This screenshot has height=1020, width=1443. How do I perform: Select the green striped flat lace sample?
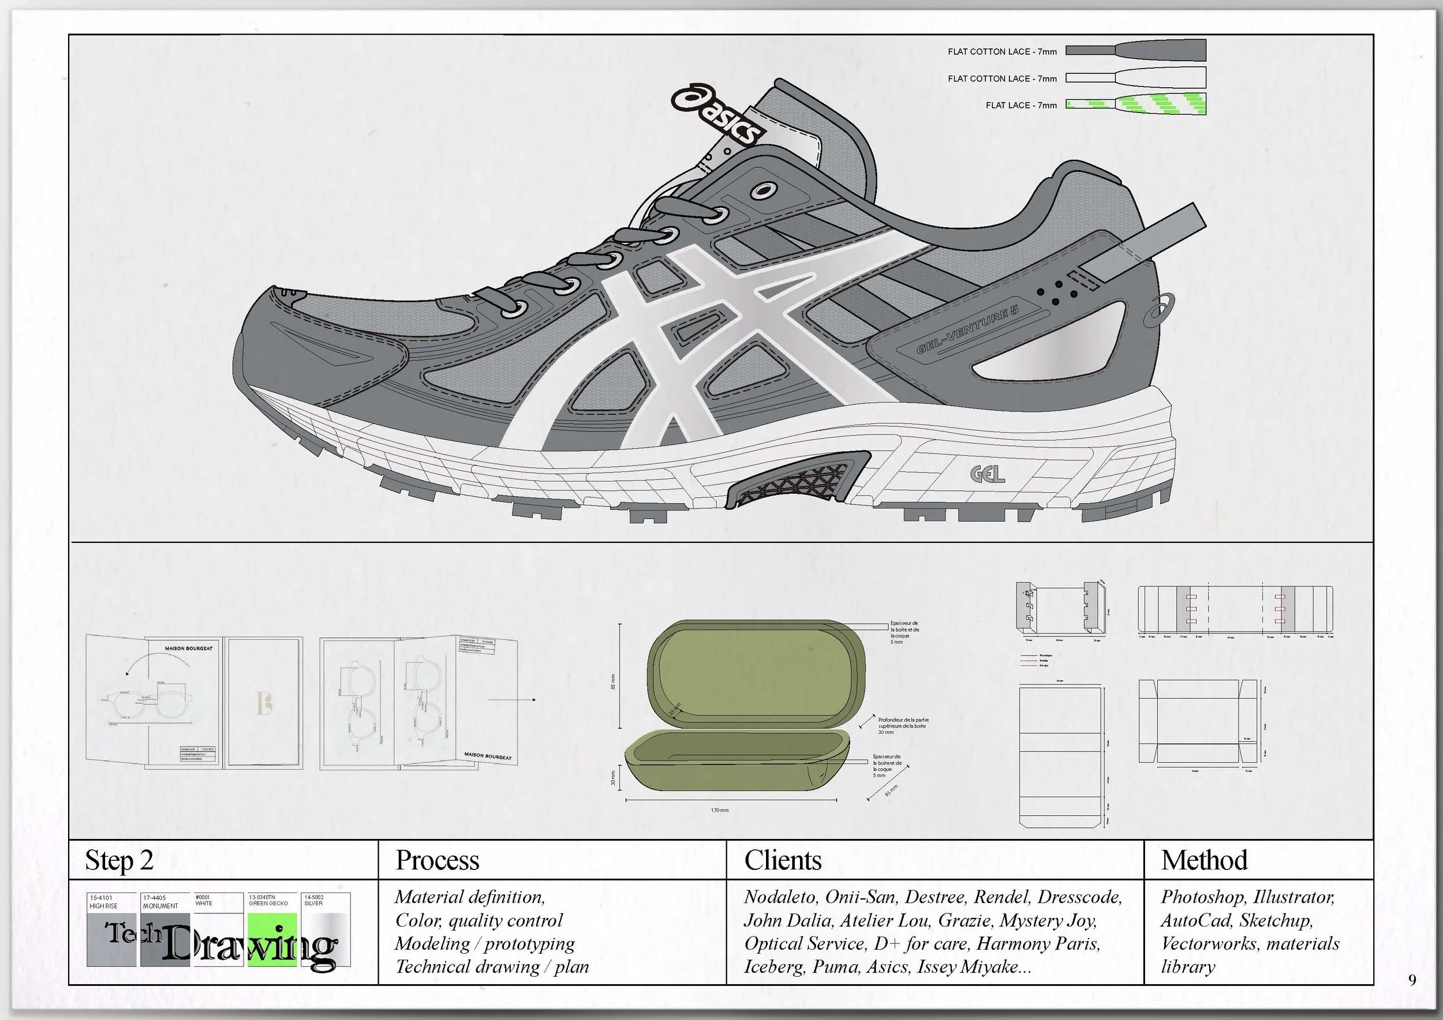1136,104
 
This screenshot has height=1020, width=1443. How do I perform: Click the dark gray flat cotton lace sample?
1136,50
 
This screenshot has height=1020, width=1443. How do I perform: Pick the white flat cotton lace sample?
1136,78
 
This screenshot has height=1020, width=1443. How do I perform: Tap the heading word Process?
437,860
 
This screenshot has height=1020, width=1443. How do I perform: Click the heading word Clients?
783,860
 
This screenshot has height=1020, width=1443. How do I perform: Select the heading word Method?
1203,860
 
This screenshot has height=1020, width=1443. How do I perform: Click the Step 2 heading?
119,860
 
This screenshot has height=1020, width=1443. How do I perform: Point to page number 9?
1412,980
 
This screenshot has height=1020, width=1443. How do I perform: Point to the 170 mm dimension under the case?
720,810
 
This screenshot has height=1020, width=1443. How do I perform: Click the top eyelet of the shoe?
764,190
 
